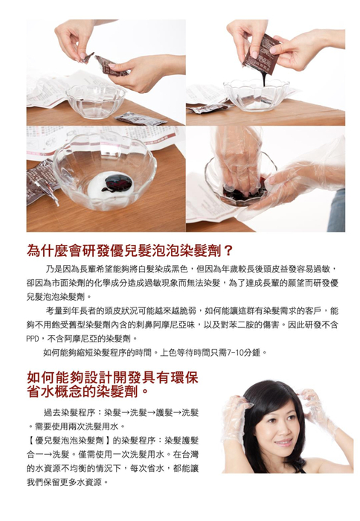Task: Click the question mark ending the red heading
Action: pyautogui.click(x=228, y=252)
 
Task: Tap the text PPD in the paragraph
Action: pyautogui.click(x=33, y=339)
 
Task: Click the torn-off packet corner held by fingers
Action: pyautogui.click(x=87, y=58)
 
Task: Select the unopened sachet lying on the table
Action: pyautogui.click(x=140, y=118)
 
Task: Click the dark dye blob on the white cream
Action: pyautogui.click(x=118, y=182)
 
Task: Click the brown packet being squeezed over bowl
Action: pyautogui.click(x=260, y=55)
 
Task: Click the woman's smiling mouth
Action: pyautogui.click(x=283, y=443)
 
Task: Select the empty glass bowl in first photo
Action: pyautogui.click(x=96, y=100)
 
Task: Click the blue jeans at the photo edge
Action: pyautogui.click(x=337, y=210)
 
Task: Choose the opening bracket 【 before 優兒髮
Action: pyautogui.click(x=30, y=441)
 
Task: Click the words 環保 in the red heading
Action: pyautogui.click(x=184, y=377)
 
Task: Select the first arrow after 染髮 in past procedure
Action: pyautogui.click(x=125, y=413)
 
